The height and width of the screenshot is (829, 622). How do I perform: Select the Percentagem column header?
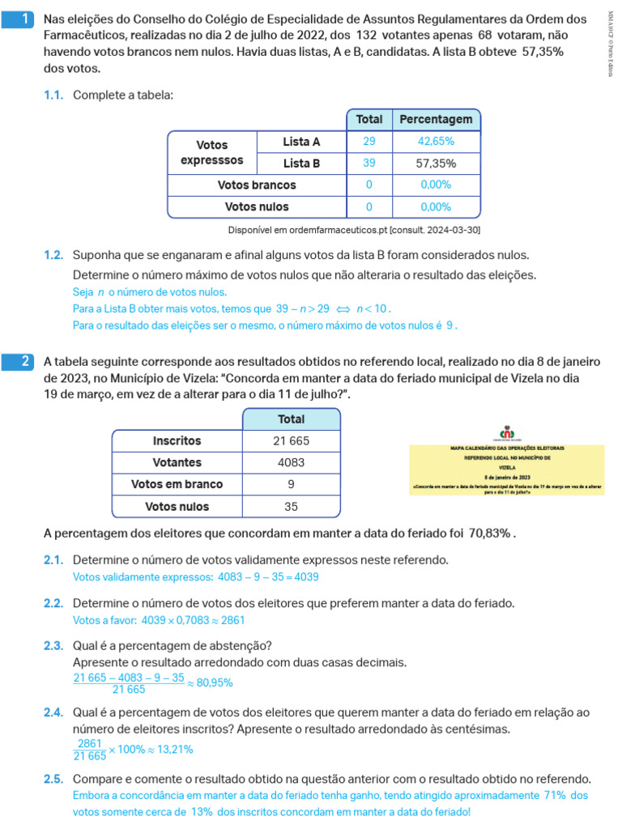(436, 120)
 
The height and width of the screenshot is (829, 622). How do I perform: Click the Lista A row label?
(301, 142)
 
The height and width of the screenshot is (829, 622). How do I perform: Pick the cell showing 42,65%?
(436, 142)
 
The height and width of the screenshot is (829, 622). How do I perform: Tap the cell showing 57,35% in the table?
(436, 164)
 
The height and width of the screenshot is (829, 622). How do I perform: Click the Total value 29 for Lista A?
(369, 142)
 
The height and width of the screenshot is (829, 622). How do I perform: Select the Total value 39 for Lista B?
(369, 164)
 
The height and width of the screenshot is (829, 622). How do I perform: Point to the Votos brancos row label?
(257, 185)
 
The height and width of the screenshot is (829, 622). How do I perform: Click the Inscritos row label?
(177, 441)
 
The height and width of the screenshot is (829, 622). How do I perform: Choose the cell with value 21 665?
(292, 441)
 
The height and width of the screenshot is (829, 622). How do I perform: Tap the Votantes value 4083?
(292, 463)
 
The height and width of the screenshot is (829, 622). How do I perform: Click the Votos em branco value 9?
(292, 485)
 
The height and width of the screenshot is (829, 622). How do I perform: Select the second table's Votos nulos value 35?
(292, 507)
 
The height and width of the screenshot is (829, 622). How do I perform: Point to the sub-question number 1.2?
(53, 255)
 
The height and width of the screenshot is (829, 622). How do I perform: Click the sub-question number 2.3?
(53, 645)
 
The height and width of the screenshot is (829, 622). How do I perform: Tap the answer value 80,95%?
(215, 682)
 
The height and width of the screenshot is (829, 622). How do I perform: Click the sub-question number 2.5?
(53, 780)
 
